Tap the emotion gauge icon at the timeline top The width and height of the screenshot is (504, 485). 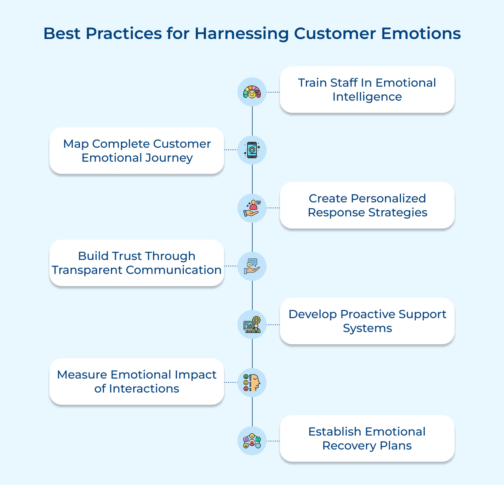(x=252, y=92)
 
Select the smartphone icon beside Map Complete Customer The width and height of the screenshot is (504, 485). (x=252, y=150)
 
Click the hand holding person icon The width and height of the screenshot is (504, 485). (x=252, y=208)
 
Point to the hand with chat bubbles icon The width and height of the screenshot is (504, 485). (x=252, y=266)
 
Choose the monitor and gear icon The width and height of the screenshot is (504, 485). (x=252, y=324)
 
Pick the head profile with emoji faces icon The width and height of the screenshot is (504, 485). (x=252, y=382)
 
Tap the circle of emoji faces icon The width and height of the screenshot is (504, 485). (x=252, y=441)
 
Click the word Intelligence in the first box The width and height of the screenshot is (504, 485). (x=367, y=97)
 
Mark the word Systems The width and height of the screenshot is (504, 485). (x=367, y=328)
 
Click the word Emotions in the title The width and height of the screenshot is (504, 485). (x=421, y=33)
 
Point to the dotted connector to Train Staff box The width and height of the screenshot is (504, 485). (x=273, y=92)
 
